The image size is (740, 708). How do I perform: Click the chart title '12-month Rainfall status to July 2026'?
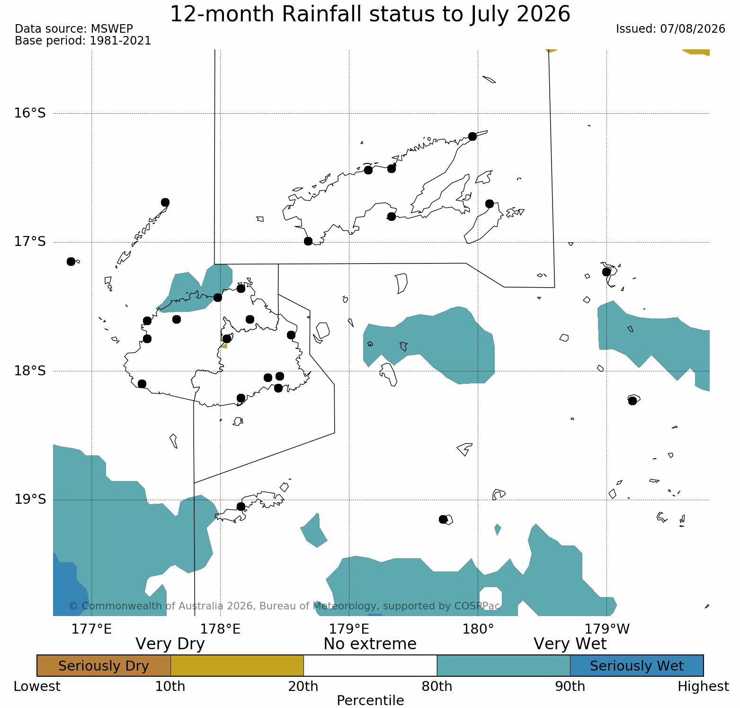tap(370, 14)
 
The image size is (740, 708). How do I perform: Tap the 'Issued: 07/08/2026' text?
tap(670, 29)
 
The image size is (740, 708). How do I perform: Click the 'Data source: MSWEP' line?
tap(74, 29)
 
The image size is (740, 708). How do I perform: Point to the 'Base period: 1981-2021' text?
tap(83, 41)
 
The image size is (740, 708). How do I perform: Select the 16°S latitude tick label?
tap(30, 113)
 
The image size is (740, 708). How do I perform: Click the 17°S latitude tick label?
tap(30, 242)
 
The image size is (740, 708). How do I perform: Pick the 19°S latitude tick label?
tap(30, 499)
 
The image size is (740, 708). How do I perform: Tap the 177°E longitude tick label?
tap(91, 629)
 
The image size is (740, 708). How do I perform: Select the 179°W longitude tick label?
tap(607, 629)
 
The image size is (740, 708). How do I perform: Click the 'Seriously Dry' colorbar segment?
tap(104, 666)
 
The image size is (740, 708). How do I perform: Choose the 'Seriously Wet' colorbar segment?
tap(637, 666)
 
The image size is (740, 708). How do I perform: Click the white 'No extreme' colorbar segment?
tap(370, 666)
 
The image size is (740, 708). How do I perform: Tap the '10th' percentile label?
tap(170, 687)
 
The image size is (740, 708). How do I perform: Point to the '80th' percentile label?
tap(437, 687)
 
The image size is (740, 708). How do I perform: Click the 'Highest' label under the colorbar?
tap(704, 687)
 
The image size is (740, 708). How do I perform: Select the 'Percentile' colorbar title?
tap(370, 700)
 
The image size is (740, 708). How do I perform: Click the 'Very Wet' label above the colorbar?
tap(570, 644)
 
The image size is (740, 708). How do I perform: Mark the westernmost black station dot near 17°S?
tap(71, 262)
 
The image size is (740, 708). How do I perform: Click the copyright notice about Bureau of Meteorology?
tap(285, 606)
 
